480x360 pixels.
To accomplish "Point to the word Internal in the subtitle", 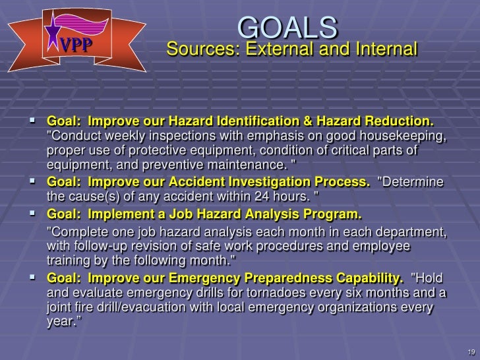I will coord(382,49).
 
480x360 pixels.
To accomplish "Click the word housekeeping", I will coord(404,136).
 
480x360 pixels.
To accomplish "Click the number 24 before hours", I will coord(262,196).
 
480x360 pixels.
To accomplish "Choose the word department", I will coord(404,232).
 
